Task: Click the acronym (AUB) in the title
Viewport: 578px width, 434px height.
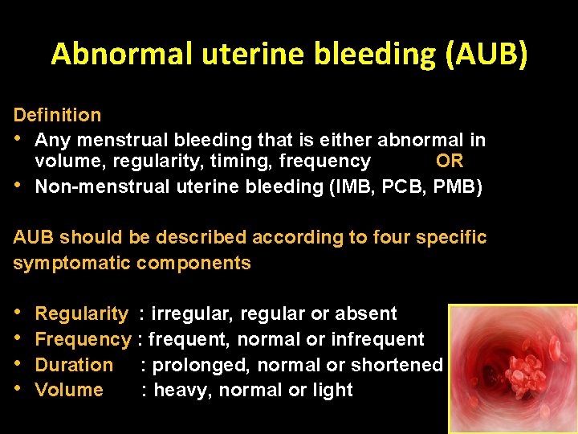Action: (491, 54)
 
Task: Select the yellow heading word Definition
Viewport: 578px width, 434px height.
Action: (57, 115)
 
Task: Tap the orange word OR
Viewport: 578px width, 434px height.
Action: (450, 162)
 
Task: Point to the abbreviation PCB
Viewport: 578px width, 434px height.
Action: (404, 186)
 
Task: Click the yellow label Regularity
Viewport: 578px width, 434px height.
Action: (81, 313)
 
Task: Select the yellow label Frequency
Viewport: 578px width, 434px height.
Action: (83, 339)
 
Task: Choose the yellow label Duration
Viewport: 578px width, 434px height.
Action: (74, 365)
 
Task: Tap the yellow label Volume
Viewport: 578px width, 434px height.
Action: (69, 390)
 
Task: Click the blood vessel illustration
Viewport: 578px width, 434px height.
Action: (511, 369)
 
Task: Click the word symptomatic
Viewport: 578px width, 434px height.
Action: (72, 263)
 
